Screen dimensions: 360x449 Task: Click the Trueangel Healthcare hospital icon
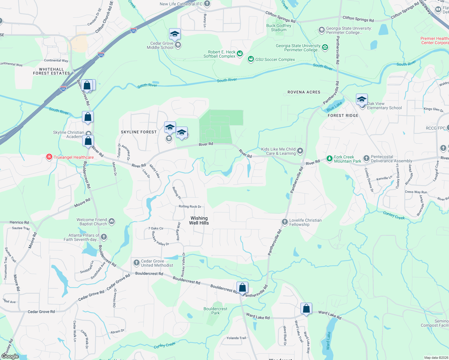point(49,157)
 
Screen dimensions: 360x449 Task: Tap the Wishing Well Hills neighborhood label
point(199,220)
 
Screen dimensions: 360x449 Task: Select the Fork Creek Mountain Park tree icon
point(330,158)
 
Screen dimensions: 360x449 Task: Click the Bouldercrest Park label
point(215,311)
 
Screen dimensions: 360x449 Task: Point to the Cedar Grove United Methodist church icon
point(137,263)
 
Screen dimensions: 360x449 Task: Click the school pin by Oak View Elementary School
point(361,99)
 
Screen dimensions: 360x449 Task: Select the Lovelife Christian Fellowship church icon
point(285,222)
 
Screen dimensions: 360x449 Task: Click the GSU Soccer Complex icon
point(251,59)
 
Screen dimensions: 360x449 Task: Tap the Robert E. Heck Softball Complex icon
point(240,54)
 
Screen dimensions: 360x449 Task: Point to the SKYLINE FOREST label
point(139,132)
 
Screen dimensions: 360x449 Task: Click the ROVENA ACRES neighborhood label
point(304,92)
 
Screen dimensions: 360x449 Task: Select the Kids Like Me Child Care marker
point(300,151)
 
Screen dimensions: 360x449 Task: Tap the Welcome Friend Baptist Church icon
point(112,222)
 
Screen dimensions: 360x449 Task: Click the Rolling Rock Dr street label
point(190,206)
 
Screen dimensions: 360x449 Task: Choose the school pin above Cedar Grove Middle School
point(174,34)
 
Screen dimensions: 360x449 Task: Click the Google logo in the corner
point(10,356)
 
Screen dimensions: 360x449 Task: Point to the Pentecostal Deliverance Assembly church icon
point(366,158)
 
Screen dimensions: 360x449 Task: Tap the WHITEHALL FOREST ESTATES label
point(51,71)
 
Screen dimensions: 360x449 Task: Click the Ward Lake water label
point(329,340)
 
